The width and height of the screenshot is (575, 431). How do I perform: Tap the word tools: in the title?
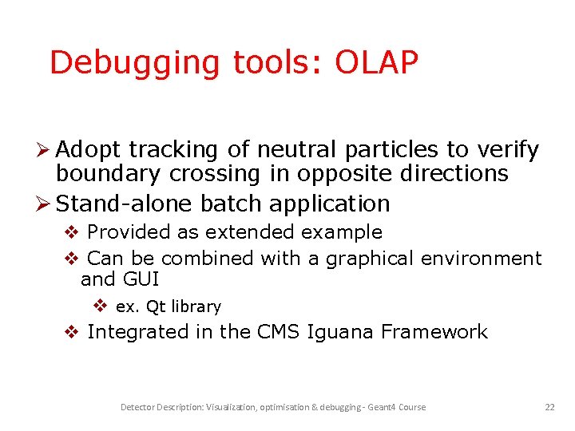click(270, 63)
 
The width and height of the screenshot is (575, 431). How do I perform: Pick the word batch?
click(232, 204)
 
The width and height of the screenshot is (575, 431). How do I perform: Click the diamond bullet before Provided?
click(71, 232)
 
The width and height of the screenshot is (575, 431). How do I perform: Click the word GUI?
click(141, 279)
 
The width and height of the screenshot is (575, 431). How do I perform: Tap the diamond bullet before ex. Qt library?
click(101, 306)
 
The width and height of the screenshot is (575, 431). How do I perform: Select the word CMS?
click(279, 332)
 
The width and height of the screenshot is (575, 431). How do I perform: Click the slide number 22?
click(549, 407)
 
